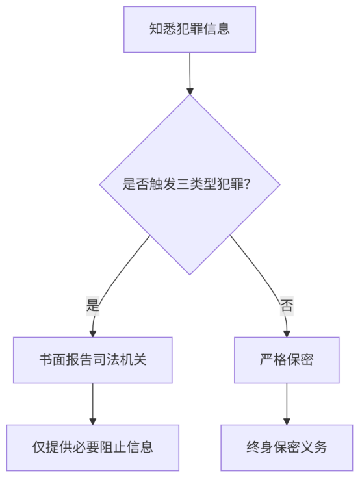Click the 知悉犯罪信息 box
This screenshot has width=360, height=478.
click(x=190, y=29)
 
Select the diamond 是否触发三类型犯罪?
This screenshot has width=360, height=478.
click(x=190, y=184)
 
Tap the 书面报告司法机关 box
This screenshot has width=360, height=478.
click(x=93, y=360)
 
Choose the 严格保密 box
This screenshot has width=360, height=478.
click(x=287, y=360)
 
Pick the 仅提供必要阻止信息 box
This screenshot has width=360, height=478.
click(x=93, y=447)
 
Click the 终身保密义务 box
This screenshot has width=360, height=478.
click(x=287, y=447)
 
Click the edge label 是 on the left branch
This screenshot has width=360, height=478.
click(x=93, y=305)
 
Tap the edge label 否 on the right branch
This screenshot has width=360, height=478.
click(x=287, y=305)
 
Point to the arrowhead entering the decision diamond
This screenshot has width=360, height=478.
click(x=190, y=91)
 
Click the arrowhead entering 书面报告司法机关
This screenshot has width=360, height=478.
click(x=93, y=334)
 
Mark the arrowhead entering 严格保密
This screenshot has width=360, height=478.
click(x=287, y=334)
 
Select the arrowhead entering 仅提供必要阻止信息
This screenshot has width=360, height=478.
click(x=93, y=421)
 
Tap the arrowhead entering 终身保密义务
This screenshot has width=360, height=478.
click(x=287, y=421)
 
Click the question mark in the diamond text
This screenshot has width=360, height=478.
click(x=248, y=184)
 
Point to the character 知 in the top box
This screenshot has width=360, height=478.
click(x=155, y=29)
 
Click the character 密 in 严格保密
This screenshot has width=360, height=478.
click(x=307, y=359)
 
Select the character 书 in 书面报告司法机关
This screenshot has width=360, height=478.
click(x=45, y=359)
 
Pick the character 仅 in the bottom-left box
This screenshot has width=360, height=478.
click(x=39, y=447)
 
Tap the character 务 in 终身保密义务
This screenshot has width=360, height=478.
click(x=320, y=447)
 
